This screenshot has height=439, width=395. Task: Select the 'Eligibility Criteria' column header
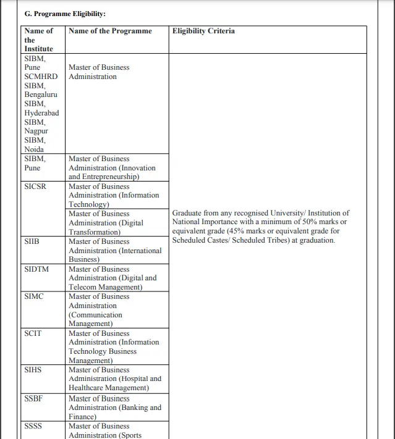pyautogui.click(x=203, y=31)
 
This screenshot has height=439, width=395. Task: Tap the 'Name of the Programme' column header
pyautogui.click(x=110, y=31)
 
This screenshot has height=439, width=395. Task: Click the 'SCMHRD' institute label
pyautogui.click(x=41, y=77)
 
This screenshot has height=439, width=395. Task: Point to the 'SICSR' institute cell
pyautogui.click(x=35, y=186)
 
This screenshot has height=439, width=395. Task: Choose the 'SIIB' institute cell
pyautogui.click(x=32, y=241)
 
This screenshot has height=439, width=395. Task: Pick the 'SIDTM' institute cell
pyautogui.click(x=36, y=269)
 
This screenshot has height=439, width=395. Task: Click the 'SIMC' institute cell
pyautogui.click(x=35, y=296)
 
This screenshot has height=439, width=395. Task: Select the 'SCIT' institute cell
pyautogui.click(x=33, y=333)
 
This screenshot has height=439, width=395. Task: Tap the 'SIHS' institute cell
pyautogui.click(x=33, y=370)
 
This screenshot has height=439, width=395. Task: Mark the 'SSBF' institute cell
pyautogui.click(x=34, y=398)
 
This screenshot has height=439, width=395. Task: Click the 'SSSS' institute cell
pyautogui.click(x=34, y=426)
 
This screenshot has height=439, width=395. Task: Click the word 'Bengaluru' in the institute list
pyautogui.click(x=41, y=94)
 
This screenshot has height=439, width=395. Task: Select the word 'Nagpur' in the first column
pyautogui.click(x=36, y=131)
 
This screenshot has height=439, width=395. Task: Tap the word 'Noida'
pyautogui.click(x=34, y=149)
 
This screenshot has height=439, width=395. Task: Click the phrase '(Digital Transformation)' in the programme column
pyautogui.click(x=106, y=228)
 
